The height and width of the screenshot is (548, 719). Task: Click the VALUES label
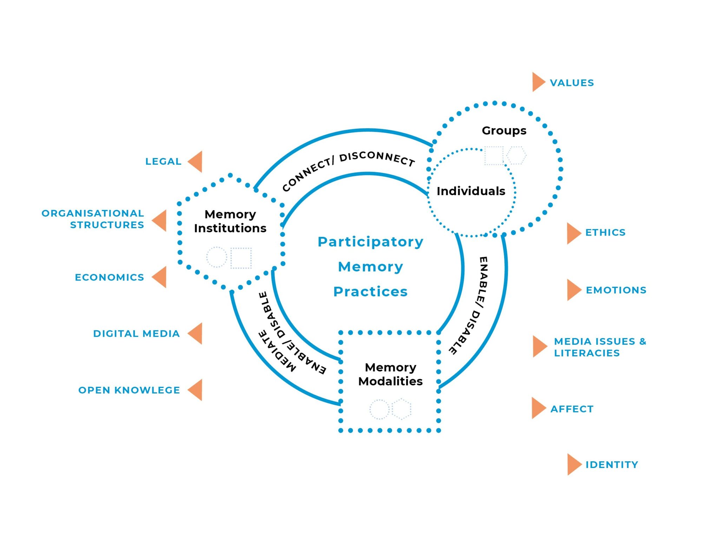click(x=572, y=83)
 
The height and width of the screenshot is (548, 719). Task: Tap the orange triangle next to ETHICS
click(x=573, y=233)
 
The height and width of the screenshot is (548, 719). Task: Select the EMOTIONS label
click(x=616, y=290)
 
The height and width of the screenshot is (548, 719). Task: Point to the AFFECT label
click(x=572, y=409)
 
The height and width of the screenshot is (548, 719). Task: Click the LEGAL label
click(x=163, y=161)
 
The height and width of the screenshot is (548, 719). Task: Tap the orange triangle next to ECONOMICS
click(x=160, y=277)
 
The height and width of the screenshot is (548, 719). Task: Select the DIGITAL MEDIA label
click(x=136, y=334)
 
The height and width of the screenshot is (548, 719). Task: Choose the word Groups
click(x=504, y=131)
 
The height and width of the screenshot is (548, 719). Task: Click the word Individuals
click(x=471, y=191)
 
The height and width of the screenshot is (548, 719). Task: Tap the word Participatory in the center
click(x=370, y=242)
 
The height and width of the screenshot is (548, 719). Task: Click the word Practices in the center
click(x=370, y=292)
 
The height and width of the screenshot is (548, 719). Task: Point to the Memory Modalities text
click(x=390, y=374)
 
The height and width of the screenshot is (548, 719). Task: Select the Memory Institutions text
click(x=230, y=221)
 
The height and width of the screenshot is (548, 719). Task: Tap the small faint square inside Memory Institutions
click(x=241, y=258)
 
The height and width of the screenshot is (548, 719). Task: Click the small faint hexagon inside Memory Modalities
click(x=401, y=409)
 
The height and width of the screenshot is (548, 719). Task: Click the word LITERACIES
click(x=587, y=353)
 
